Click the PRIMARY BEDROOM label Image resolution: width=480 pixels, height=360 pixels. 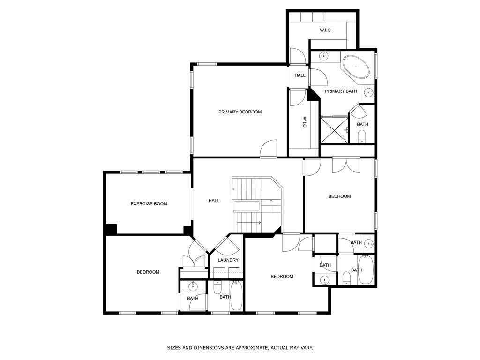pyautogui.click(x=240, y=112)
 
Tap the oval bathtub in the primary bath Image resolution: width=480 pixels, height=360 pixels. pyautogui.click(x=356, y=67)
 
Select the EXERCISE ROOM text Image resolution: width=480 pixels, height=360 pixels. pyautogui.click(x=149, y=204)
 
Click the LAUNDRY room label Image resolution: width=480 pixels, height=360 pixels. pyautogui.click(x=228, y=260)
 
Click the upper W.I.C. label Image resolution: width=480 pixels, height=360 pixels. pyautogui.click(x=326, y=30)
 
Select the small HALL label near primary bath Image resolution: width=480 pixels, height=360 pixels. pyautogui.click(x=300, y=75)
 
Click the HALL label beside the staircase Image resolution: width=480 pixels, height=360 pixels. pyautogui.click(x=214, y=201)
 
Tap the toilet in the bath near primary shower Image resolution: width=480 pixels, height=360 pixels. pyautogui.click(x=362, y=136)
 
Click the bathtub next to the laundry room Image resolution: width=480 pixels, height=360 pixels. pyautogui.click(x=236, y=295)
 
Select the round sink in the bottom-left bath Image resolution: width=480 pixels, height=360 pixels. pyautogui.click(x=193, y=286)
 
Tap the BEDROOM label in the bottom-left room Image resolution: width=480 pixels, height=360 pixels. pyautogui.click(x=148, y=272)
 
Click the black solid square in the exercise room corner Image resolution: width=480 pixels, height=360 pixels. pyautogui.click(x=111, y=229)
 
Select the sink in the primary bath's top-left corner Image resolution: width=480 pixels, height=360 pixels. pyautogui.click(x=324, y=57)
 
